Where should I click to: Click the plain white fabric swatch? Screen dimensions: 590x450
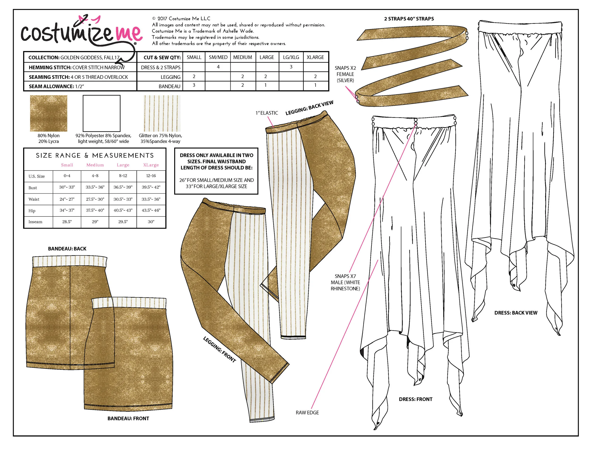101,113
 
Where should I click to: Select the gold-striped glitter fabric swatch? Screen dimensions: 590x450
162,113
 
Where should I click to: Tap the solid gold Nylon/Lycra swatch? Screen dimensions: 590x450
49,113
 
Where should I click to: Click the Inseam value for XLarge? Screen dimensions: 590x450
151,221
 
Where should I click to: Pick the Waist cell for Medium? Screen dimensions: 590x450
95,199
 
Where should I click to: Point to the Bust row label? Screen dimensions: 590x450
33,187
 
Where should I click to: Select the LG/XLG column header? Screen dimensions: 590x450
291,57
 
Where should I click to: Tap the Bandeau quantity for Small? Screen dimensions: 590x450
194,85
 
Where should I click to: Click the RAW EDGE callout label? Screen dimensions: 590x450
307,412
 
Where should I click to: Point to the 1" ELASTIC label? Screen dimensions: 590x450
266,113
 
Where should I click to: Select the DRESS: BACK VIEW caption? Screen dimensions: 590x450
515,312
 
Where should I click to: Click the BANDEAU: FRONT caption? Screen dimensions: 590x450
128,418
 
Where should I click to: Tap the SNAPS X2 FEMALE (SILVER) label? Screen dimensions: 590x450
345,74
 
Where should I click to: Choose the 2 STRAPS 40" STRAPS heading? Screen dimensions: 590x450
409,19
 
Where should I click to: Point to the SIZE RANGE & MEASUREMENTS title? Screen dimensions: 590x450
95,155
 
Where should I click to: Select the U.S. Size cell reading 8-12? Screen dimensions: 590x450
123,176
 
